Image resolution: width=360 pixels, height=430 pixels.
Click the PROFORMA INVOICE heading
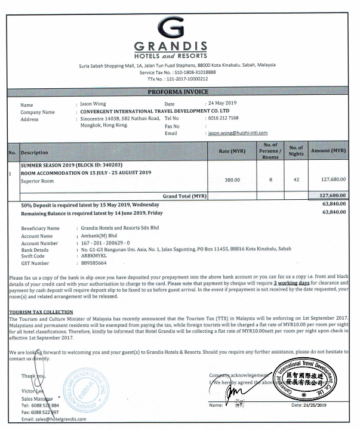point(178,92)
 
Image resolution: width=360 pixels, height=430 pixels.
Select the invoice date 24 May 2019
point(223,104)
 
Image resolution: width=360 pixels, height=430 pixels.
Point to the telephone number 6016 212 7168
point(223,119)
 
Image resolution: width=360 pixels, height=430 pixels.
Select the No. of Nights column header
point(296,151)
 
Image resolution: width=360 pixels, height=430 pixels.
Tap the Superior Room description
point(38,181)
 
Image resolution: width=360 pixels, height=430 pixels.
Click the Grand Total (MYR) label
point(184,196)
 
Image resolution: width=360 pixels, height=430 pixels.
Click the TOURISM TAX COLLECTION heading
point(41,312)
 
